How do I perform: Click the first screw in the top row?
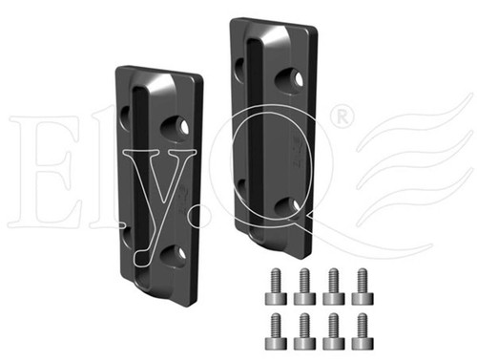pyautogui.click(x=276, y=286)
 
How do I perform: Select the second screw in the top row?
pyautogui.click(x=304, y=286)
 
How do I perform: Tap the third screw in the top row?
pyautogui.click(x=334, y=286)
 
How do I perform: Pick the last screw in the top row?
pyautogui.click(x=363, y=286)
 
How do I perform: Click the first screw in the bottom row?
pyautogui.click(x=276, y=331)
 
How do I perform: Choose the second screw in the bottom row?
pyautogui.click(x=304, y=331)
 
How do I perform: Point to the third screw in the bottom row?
pyautogui.click(x=334, y=331)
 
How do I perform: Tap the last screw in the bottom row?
pyautogui.click(x=363, y=331)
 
